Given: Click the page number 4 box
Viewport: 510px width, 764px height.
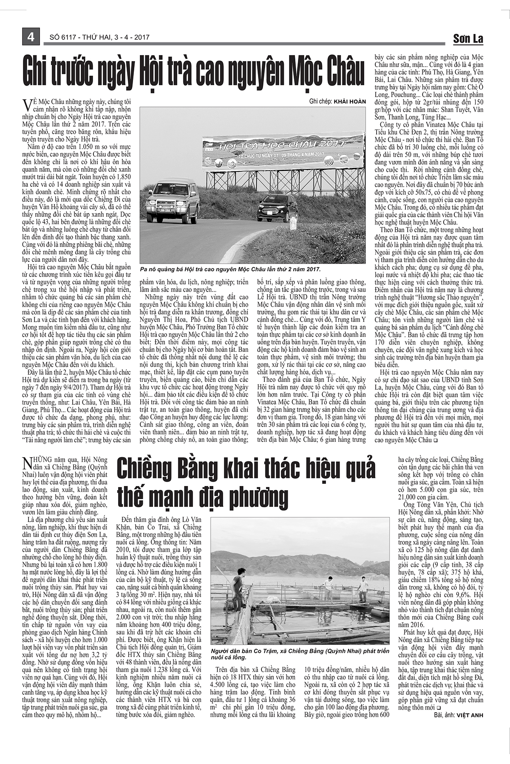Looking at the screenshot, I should pyautogui.click(x=31, y=37).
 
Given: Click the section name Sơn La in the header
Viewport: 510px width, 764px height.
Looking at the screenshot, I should pyautogui.click(x=468, y=39).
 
